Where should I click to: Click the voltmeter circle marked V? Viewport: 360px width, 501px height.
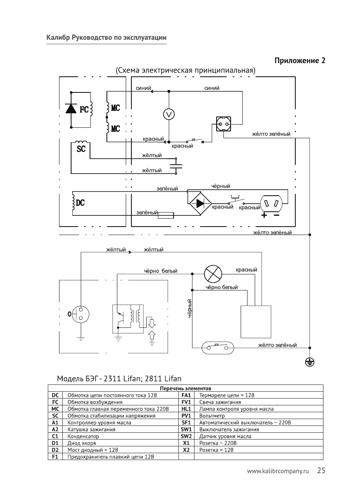(x=169, y=115)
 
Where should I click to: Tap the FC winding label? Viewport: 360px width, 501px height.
(x=84, y=110)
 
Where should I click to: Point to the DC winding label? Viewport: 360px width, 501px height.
(x=80, y=203)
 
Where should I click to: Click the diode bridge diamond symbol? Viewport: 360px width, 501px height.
(x=200, y=203)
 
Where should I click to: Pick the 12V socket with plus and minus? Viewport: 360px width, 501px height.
(x=272, y=203)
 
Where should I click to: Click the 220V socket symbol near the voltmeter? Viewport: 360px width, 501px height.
(x=223, y=124)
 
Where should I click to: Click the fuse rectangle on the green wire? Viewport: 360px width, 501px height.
(x=166, y=215)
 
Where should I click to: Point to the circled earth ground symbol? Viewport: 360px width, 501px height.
(x=309, y=363)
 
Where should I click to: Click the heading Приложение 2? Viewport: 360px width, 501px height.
(x=300, y=61)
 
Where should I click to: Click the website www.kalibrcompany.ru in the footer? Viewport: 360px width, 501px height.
(x=280, y=471)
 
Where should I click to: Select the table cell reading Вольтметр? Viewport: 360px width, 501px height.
(x=209, y=416)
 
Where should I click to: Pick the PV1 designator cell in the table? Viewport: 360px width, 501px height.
(x=186, y=416)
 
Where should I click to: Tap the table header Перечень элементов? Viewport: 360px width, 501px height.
(x=186, y=389)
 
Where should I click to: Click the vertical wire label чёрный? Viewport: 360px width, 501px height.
(x=190, y=309)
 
